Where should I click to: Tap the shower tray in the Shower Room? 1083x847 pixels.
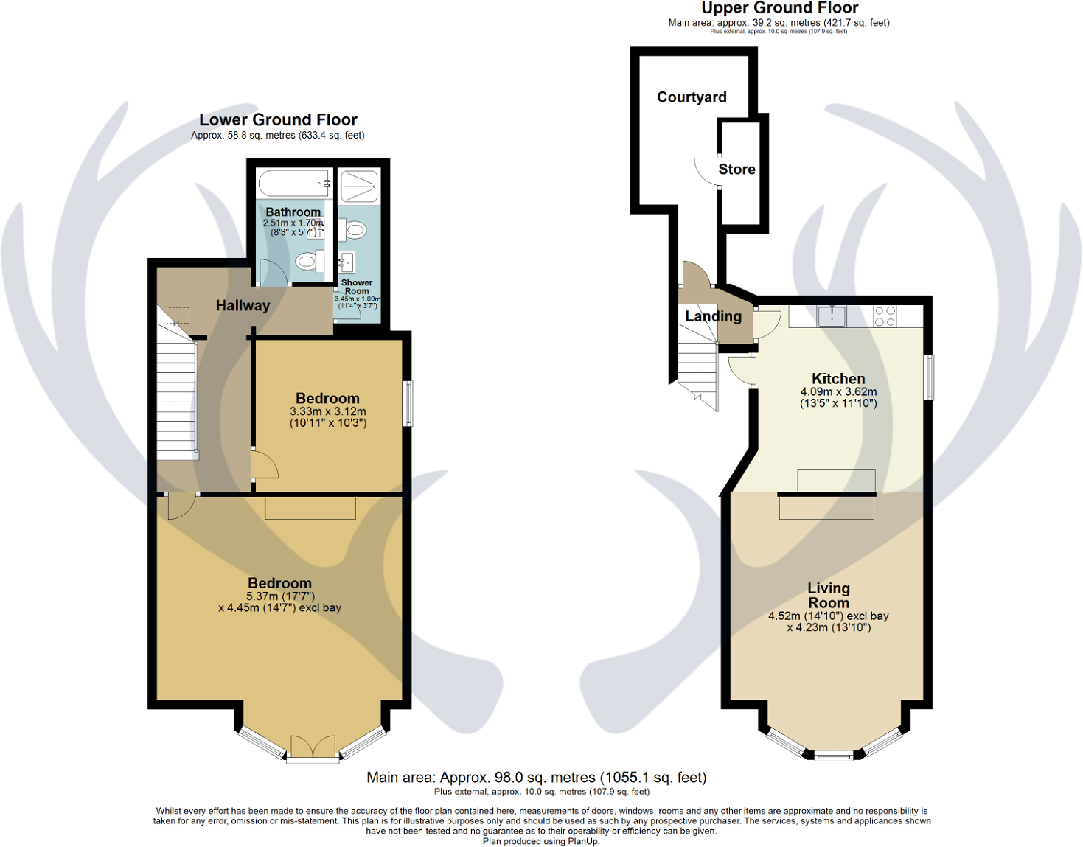pyautogui.click(x=358, y=186)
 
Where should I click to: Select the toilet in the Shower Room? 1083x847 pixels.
pyautogui.click(x=355, y=231)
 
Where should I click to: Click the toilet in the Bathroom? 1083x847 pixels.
pyautogui.click(x=306, y=261)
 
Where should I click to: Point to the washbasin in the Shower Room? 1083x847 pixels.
pyautogui.click(x=347, y=262)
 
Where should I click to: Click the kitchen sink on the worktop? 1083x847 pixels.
pyautogui.click(x=832, y=316)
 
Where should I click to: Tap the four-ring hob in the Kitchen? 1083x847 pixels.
pyautogui.click(x=885, y=316)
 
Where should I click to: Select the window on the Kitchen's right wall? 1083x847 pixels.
pyautogui.click(x=930, y=378)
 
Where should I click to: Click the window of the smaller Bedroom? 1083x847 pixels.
pyautogui.click(x=408, y=403)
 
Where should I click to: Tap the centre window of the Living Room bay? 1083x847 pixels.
pyautogui.click(x=834, y=755)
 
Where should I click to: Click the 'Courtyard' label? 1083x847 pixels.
pyautogui.click(x=692, y=97)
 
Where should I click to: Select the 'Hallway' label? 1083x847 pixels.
pyautogui.click(x=243, y=305)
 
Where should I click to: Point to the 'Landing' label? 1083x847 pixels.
pyautogui.click(x=713, y=316)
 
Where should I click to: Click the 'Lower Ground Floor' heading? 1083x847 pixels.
pyautogui.click(x=278, y=119)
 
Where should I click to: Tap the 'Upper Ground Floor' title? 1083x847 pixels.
pyautogui.click(x=779, y=8)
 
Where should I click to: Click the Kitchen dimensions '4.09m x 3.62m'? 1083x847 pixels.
pyautogui.click(x=838, y=392)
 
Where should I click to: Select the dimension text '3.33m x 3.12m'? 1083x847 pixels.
pyautogui.click(x=327, y=412)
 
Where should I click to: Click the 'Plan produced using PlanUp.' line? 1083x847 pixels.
pyautogui.click(x=541, y=841)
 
